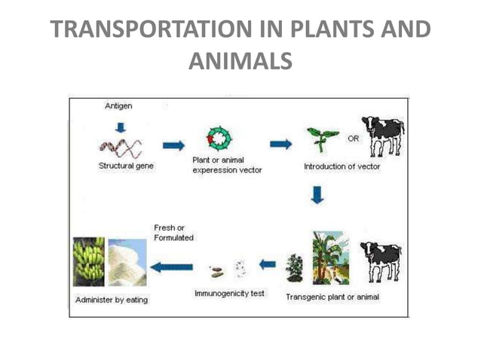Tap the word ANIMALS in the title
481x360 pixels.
point(240,61)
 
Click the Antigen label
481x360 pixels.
point(118,106)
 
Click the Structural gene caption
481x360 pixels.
point(127,165)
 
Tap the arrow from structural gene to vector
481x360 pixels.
point(173,145)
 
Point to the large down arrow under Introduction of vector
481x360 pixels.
point(317,196)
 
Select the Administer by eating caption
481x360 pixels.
point(112,300)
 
